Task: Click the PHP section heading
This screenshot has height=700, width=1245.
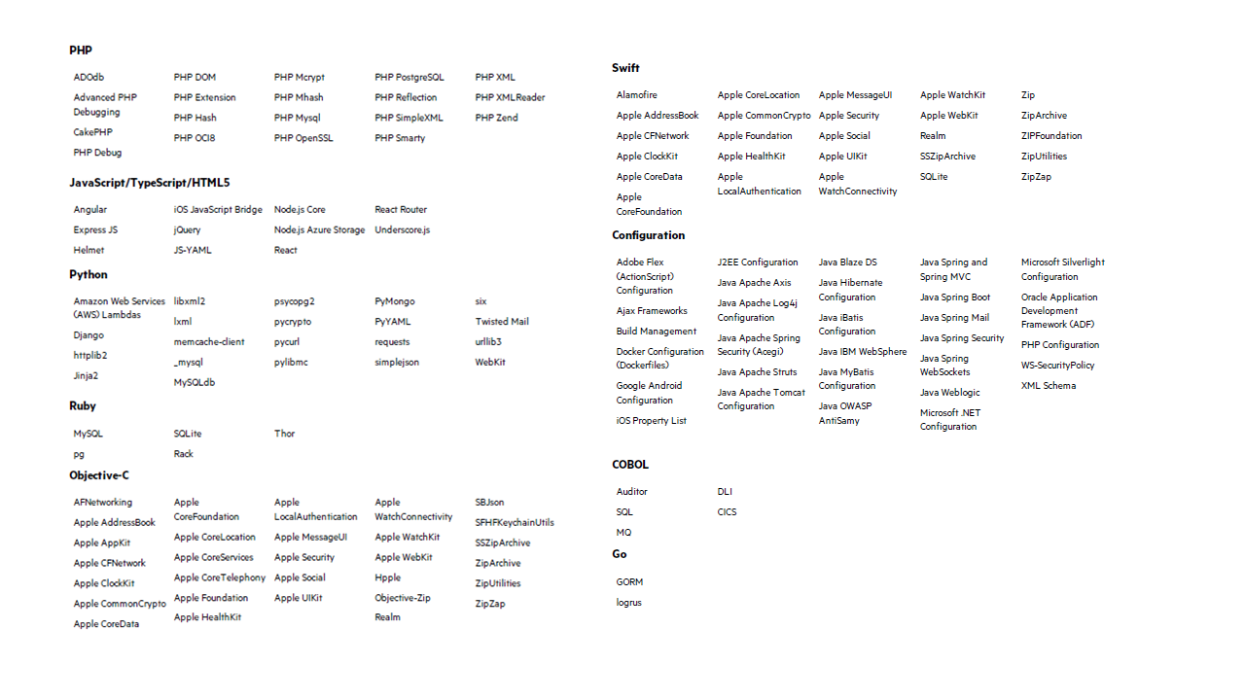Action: [x=81, y=50]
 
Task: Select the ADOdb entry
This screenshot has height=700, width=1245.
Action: [x=89, y=77]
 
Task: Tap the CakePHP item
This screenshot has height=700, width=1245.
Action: [x=93, y=132]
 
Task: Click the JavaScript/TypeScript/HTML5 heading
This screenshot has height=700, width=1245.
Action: [x=150, y=182]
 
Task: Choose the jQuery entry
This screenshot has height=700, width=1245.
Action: [x=188, y=230]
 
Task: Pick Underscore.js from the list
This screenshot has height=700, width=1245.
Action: [x=402, y=230]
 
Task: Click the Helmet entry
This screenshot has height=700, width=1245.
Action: [x=89, y=251]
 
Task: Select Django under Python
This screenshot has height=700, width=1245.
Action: [x=89, y=335]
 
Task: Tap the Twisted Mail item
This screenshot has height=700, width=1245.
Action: [x=502, y=322]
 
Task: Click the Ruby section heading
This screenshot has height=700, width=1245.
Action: [x=83, y=405]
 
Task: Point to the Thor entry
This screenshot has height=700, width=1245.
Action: [x=284, y=434]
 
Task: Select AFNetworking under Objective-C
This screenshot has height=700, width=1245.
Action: [x=103, y=503]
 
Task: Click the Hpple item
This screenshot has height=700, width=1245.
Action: [x=387, y=577]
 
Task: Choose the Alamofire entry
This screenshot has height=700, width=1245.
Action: [x=636, y=95]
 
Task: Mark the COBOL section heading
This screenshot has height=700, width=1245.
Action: [x=630, y=464]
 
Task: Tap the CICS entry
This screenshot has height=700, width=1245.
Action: [x=728, y=512]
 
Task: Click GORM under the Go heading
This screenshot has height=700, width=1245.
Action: [x=629, y=582]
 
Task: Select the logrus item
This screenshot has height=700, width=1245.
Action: [x=628, y=603]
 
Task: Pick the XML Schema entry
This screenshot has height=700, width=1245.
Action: [x=1049, y=386]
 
